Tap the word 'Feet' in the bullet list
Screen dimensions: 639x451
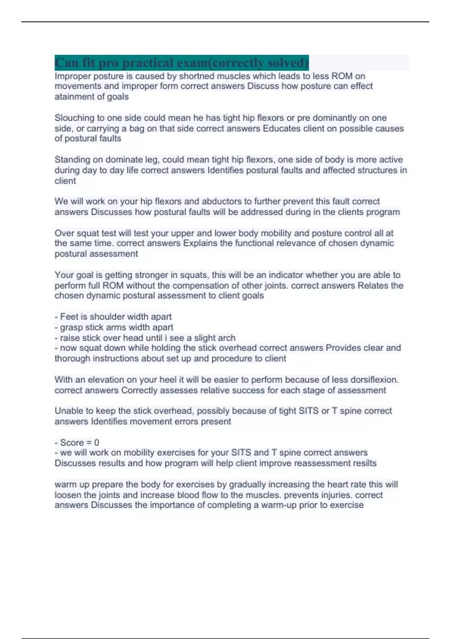click(69, 316)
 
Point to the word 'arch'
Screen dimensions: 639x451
click(227, 338)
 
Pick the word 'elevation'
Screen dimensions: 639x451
click(106, 380)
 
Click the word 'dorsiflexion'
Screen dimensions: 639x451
click(373, 380)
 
